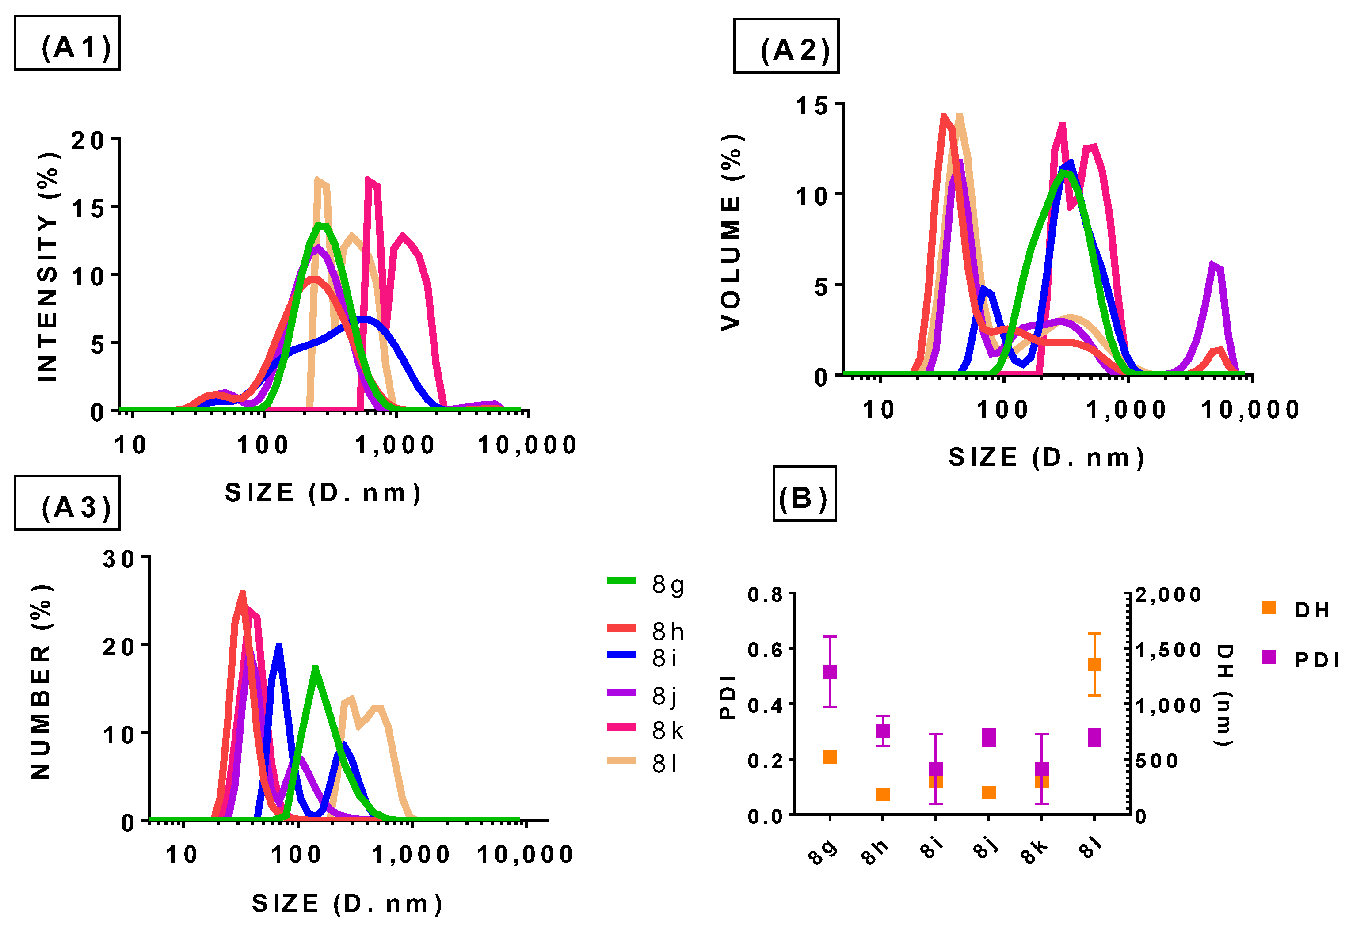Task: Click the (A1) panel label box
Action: [67, 43]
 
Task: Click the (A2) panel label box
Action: [786, 46]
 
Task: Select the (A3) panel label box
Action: [67, 503]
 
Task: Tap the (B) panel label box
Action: [804, 494]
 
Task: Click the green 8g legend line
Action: [621, 581]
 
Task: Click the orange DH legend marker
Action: [1269, 608]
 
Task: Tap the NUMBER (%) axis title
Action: [41, 682]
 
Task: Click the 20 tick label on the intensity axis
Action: [88, 141]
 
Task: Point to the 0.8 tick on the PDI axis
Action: [765, 595]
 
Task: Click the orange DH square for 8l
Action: [1094, 664]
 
